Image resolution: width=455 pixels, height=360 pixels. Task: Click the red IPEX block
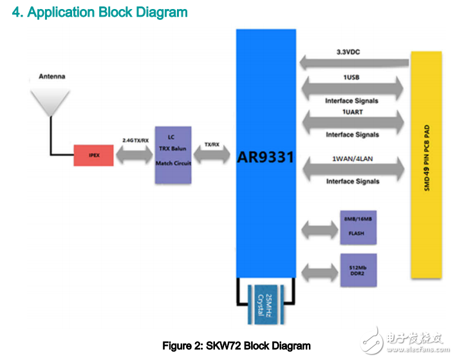click(94, 155)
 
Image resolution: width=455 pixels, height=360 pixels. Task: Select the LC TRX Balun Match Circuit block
click(173, 155)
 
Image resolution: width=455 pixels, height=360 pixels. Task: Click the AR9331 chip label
click(266, 156)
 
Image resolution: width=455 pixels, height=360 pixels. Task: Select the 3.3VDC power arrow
click(354, 62)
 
